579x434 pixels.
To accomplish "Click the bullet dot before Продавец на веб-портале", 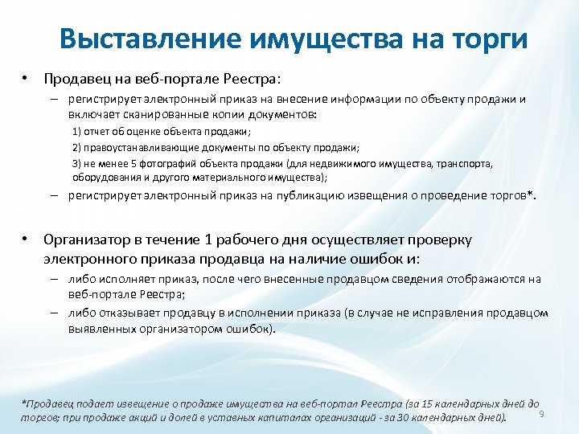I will point(26,80).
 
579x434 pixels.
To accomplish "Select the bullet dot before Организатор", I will point(26,239).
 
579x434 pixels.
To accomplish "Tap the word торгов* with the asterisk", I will point(512,195).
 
